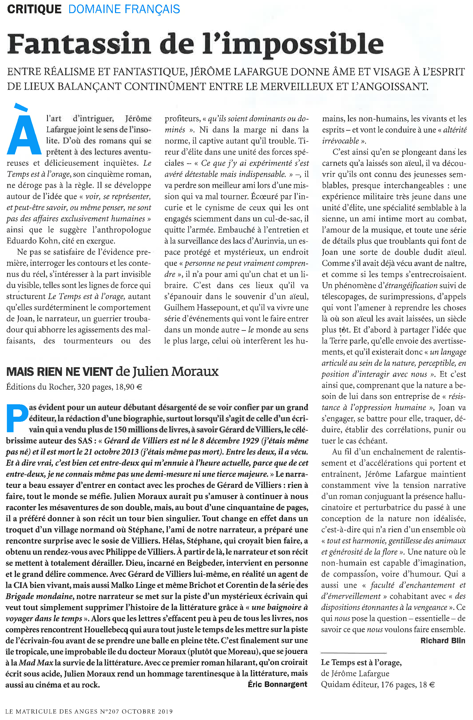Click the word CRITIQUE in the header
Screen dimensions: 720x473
[x=34, y=9]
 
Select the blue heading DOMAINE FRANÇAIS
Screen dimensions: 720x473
[x=124, y=9]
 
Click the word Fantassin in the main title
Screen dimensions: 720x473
[x=79, y=44]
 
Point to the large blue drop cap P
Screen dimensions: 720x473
[x=16, y=418]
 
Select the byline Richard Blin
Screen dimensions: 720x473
[x=442, y=640]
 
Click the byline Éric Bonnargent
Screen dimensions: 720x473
[x=277, y=684]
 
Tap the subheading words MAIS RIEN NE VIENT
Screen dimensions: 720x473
[x=59, y=371]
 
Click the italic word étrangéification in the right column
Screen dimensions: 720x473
[x=411, y=286]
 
